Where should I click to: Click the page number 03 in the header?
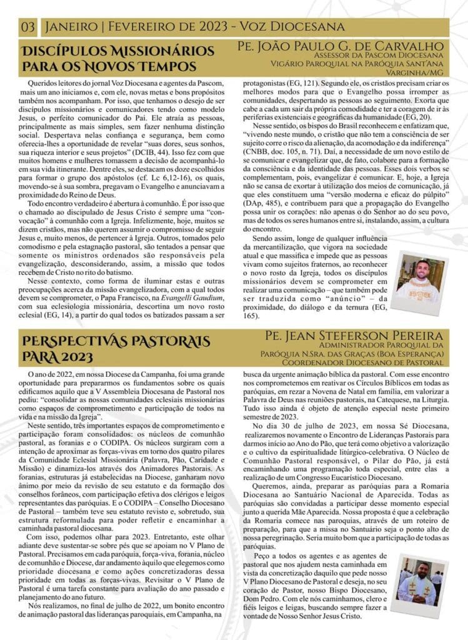pyautogui.click(x=28, y=27)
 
